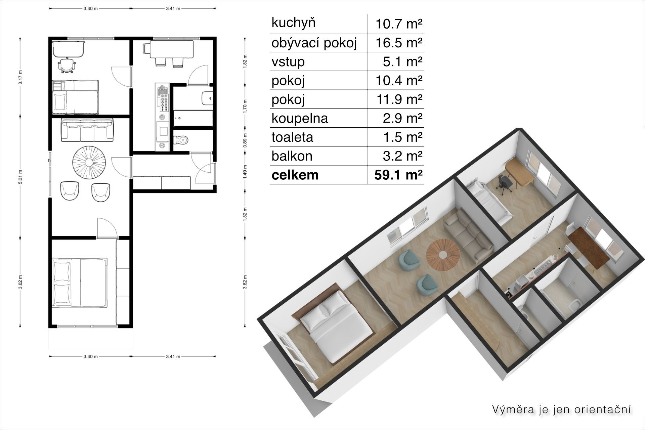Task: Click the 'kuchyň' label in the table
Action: [x=293, y=24]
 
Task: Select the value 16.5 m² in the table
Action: [x=398, y=43]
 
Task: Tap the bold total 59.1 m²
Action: [x=398, y=175]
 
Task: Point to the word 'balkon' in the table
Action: [x=292, y=156]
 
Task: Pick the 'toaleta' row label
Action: [x=292, y=137]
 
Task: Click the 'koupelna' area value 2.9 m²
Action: [x=402, y=118]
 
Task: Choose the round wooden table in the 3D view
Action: [x=443, y=255]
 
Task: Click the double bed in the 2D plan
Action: [x=80, y=283]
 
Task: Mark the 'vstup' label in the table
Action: [x=288, y=62]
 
